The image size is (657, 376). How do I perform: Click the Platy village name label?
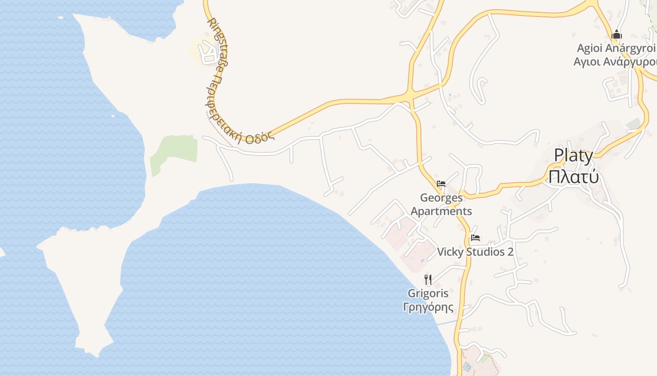[573, 156]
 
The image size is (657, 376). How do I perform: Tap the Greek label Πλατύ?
[573, 177]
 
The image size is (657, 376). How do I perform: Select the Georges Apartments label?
[441, 204]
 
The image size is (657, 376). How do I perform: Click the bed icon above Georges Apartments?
[441, 183]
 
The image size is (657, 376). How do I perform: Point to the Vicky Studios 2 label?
[475, 252]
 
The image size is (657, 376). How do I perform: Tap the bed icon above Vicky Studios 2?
[475, 237]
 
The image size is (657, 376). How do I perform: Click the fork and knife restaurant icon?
[428, 280]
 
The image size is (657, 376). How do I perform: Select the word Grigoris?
[428, 294]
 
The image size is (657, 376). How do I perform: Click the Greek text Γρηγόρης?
[428, 307]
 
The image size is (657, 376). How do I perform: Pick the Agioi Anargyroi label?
[616, 48]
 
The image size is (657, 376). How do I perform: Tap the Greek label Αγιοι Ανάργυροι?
[615, 62]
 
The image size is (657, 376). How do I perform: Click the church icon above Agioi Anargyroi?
[617, 34]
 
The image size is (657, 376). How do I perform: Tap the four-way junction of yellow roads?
[411, 95]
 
